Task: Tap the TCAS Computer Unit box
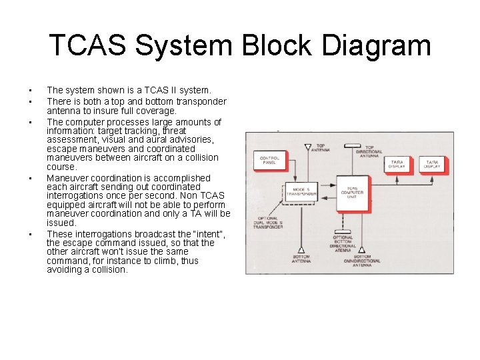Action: point(351,193)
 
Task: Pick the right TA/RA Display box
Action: point(431,163)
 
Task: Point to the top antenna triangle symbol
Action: point(307,147)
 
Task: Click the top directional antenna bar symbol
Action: point(351,145)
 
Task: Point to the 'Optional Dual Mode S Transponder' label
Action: point(268,223)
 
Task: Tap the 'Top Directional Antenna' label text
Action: point(374,151)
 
